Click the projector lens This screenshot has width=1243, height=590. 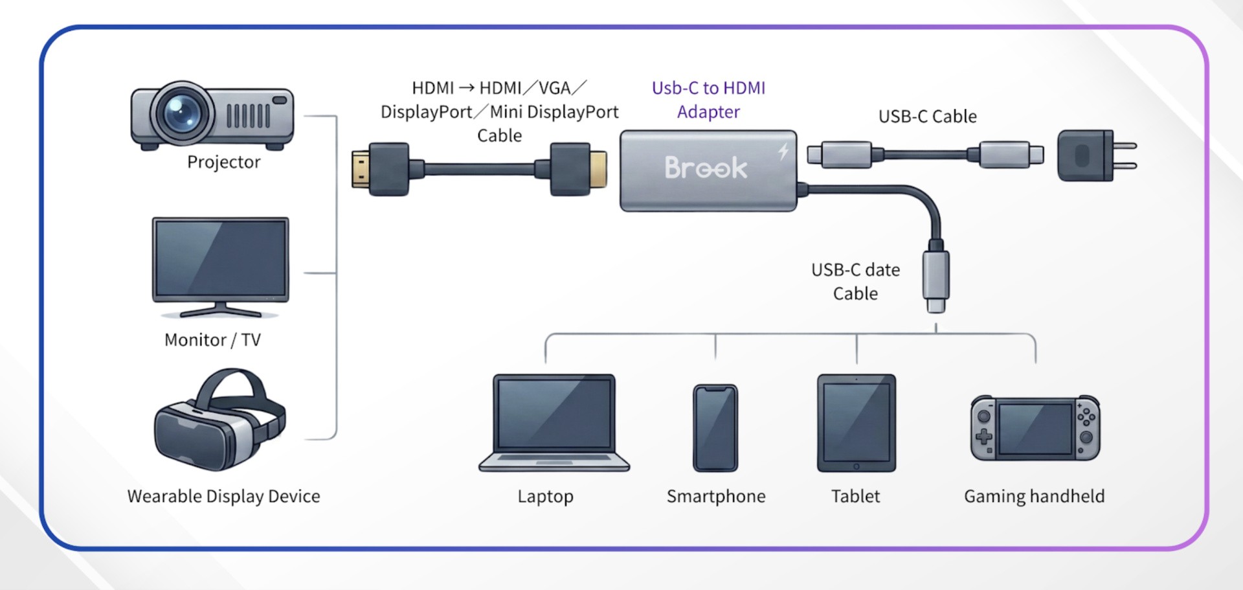[182, 113]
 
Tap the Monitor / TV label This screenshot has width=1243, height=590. [212, 340]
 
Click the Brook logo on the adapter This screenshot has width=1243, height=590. [706, 168]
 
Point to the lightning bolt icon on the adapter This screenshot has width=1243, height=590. [783, 152]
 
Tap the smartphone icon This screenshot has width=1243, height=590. [715, 428]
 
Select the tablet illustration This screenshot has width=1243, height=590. [856, 423]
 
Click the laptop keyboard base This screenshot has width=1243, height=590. [554, 462]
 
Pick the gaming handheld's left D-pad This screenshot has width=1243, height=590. [984, 436]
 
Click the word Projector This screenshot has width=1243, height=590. [224, 162]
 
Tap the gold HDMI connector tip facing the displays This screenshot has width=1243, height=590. [360, 168]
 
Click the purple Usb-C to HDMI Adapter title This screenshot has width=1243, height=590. [708, 100]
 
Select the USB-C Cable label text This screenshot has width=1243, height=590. [927, 117]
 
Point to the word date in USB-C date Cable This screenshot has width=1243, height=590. [882, 270]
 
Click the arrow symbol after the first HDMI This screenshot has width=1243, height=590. [466, 88]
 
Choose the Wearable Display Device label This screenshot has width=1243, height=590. [223, 496]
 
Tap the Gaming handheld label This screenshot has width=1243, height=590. [1034, 496]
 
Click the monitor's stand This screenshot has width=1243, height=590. [220, 310]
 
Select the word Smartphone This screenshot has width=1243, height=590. [716, 496]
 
